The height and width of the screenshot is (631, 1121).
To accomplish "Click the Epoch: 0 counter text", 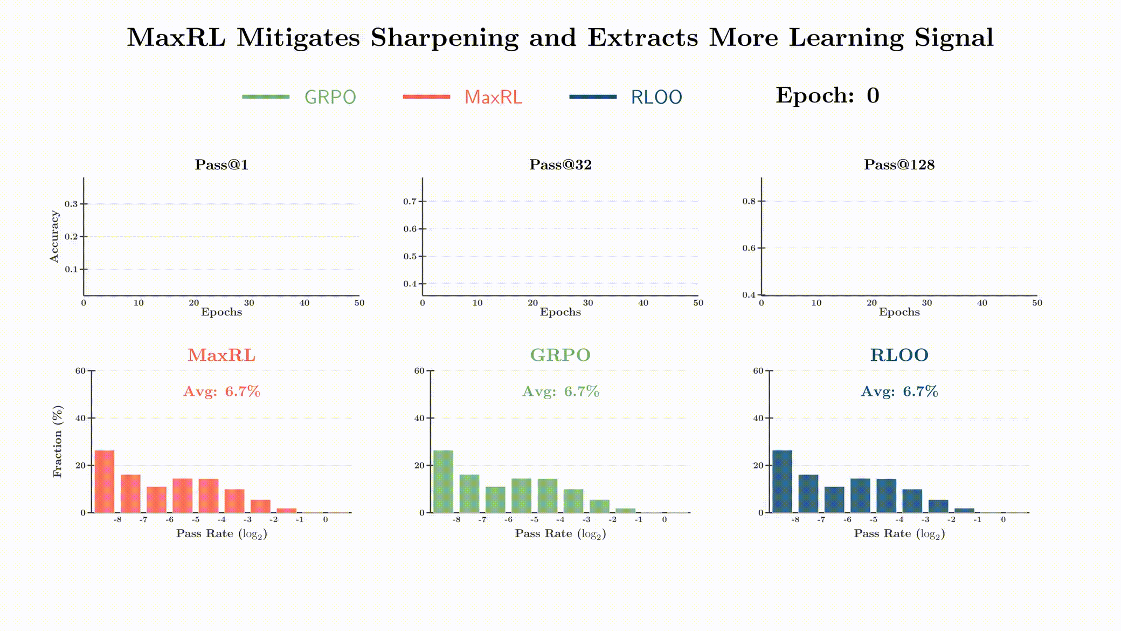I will tap(827, 95).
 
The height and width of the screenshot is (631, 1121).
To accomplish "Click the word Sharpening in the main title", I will tap(444, 38).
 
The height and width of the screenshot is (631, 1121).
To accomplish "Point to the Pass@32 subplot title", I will tap(560, 164).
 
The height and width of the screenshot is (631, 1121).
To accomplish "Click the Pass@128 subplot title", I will tap(899, 164).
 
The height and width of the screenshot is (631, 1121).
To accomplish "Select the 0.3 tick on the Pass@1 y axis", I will tap(71, 204).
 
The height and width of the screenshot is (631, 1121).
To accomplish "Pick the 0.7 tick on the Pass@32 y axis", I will tap(410, 201).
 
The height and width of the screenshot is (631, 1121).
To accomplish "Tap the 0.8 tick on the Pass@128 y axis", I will tap(749, 201).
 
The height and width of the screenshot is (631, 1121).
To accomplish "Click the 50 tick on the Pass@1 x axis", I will tap(359, 303).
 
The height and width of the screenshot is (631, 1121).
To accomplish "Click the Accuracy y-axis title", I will tap(54, 237).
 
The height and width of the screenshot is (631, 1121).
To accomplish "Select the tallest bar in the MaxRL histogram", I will tap(105, 482).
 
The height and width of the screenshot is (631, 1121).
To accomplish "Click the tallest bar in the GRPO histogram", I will tap(443, 482).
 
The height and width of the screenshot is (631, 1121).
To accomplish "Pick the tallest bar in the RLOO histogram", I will tap(782, 482).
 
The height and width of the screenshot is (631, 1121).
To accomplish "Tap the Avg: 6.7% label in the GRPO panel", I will tap(560, 392).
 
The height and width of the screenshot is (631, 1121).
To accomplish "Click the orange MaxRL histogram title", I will tap(222, 355).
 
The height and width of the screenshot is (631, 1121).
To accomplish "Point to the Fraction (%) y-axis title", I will tap(57, 441).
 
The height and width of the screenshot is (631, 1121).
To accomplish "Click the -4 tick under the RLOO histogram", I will tap(899, 520).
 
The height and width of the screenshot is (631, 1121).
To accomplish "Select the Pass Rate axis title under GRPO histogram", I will tap(560, 534).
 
